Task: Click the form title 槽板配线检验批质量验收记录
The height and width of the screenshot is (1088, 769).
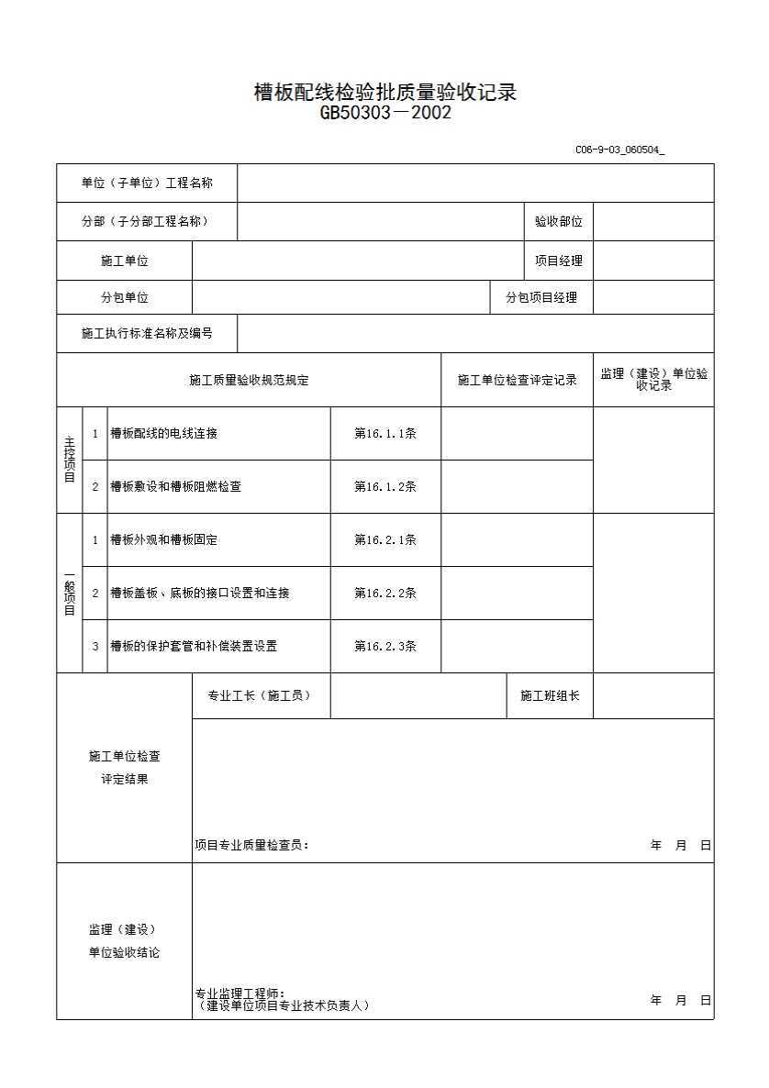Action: (x=385, y=93)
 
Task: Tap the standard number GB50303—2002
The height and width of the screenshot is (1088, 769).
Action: (x=385, y=114)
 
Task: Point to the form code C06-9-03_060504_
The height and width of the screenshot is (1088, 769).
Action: (x=619, y=150)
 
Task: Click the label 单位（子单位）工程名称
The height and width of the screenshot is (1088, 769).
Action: (x=147, y=183)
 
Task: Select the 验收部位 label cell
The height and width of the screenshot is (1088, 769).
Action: (x=559, y=222)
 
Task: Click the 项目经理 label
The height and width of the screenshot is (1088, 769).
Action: (x=559, y=261)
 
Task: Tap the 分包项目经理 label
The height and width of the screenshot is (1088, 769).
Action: (x=541, y=297)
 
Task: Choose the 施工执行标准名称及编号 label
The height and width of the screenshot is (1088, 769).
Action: (x=147, y=334)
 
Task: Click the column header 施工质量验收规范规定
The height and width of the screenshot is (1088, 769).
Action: (x=249, y=380)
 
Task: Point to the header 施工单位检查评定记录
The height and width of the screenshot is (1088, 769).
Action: (x=518, y=380)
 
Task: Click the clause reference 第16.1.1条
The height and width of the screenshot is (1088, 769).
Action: (x=385, y=434)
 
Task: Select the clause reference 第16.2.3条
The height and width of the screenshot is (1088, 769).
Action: (x=385, y=646)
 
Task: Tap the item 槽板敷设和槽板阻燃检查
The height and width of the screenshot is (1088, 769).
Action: (x=176, y=487)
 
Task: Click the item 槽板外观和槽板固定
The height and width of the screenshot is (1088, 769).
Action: (x=164, y=540)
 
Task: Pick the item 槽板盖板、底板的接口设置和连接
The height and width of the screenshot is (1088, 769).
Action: (x=200, y=594)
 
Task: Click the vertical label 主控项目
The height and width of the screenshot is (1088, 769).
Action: (x=70, y=460)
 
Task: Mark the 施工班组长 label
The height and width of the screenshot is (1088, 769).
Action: (x=550, y=696)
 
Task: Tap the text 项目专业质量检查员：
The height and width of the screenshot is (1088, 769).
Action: (x=251, y=846)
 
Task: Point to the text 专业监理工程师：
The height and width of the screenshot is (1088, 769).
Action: (x=240, y=994)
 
